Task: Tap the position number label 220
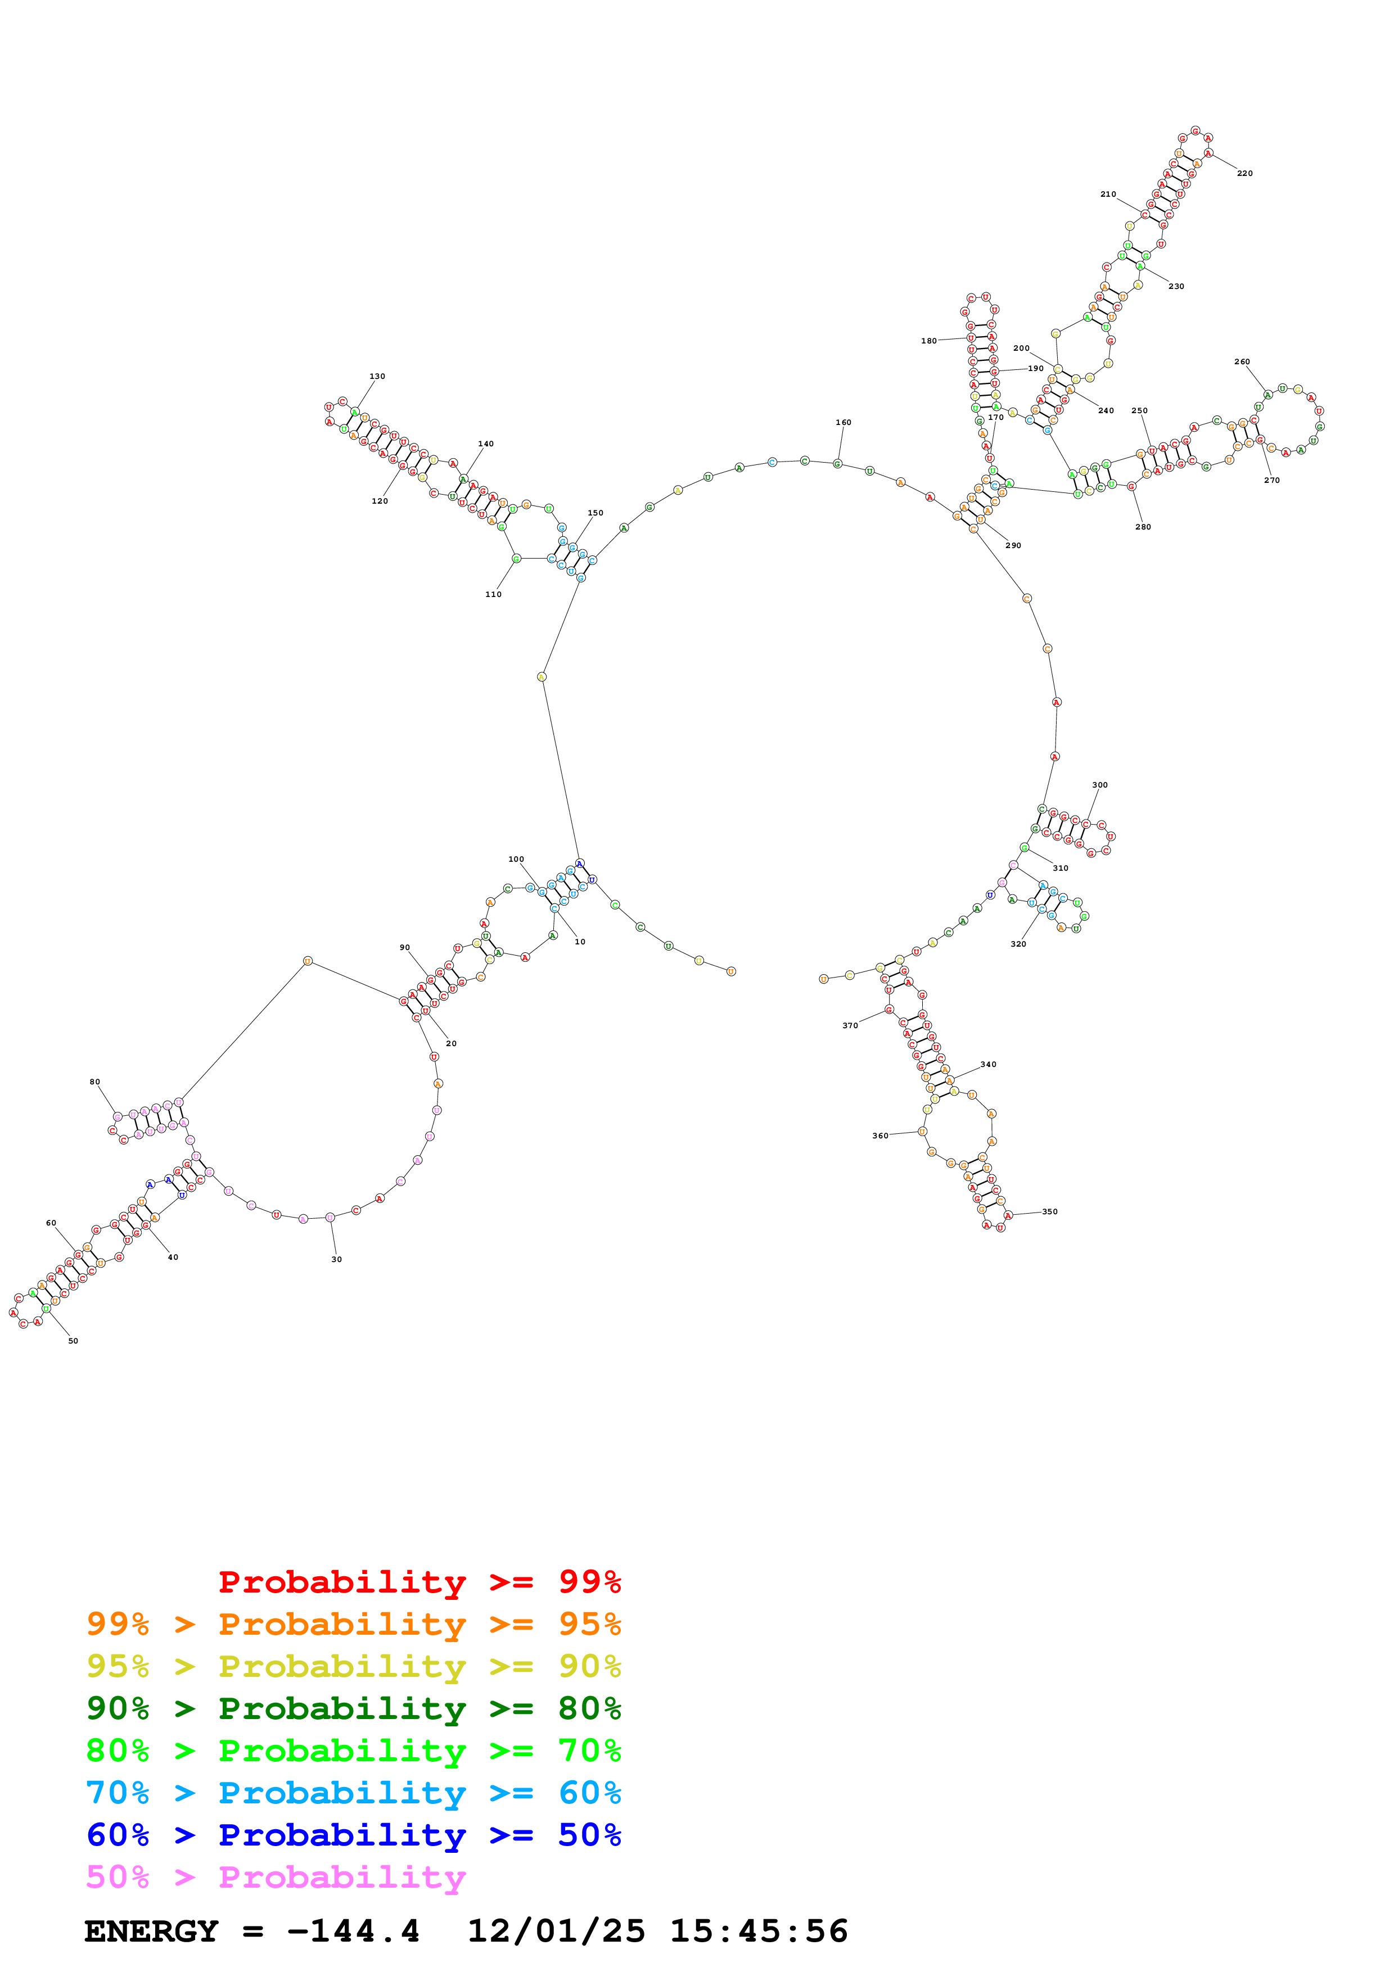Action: coord(1244,174)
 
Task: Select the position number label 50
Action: coord(73,1341)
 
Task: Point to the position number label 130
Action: coord(377,376)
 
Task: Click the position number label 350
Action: coord(1050,1212)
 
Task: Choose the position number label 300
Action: coord(1099,785)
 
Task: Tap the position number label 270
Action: coord(1271,480)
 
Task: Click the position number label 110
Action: coord(493,594)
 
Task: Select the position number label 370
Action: coord(850,1025)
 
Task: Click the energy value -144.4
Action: coord(353,1931)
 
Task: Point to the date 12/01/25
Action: coord(556,1931)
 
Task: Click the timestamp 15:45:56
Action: coord(759,1931)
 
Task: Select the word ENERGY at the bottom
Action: coord(151,1931)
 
